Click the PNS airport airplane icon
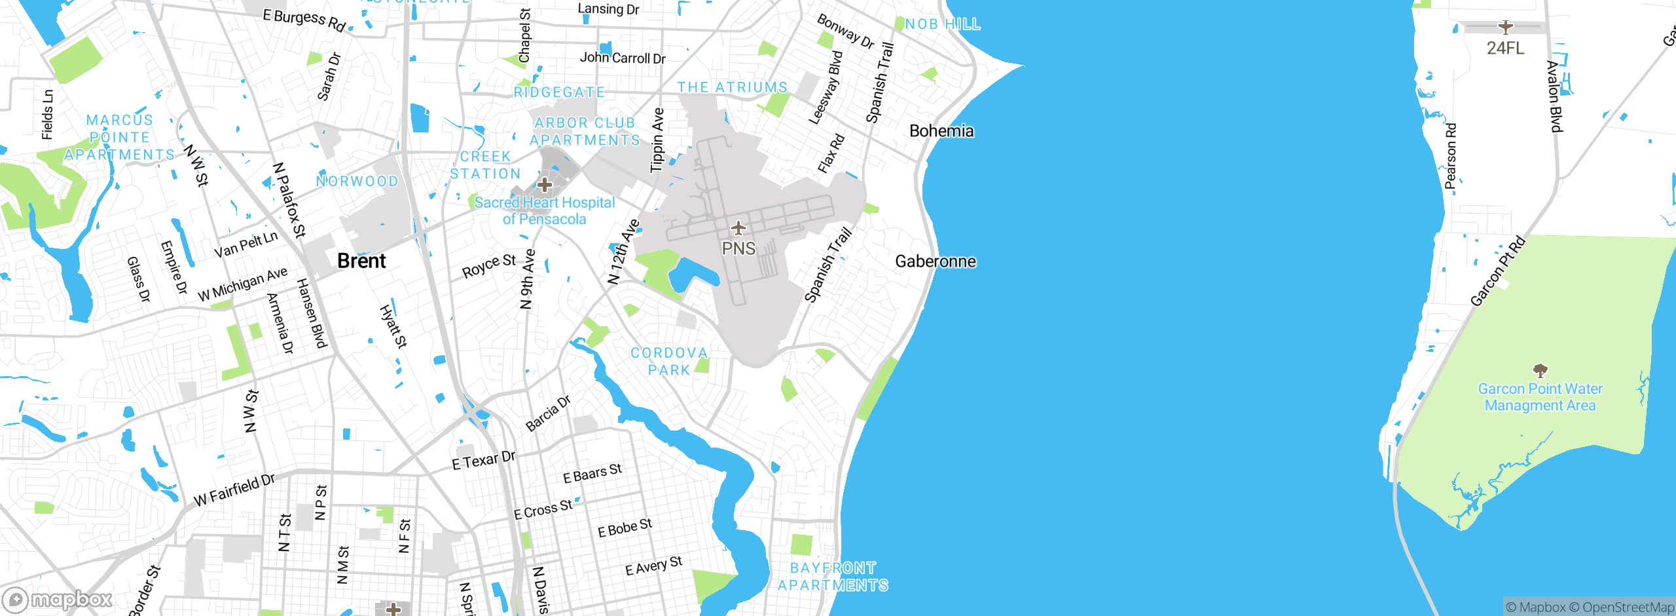click(x=738, y=228)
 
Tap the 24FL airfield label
click(x=1505, y=48)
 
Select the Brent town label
click(x=361, y=261)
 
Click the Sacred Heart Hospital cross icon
click(x=545, y=185)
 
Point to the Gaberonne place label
click(x=935, y=261)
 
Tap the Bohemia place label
click(x=941, y=131)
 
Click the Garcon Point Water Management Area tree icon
click(x=1540, y=371)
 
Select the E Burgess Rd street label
click(x=304, y=20)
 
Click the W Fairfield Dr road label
click(x=234, y=490)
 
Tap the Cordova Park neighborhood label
click(x=669, y=362)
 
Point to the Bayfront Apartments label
click(x=833, y=577)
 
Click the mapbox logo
click(x=58, y=600)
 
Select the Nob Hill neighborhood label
click(x=943, y=24)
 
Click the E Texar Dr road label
click(x=484, y=460)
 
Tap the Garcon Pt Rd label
click(x=1497, y=271)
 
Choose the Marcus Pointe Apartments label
click(x=120, y=138)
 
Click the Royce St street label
click(x=488, y=265)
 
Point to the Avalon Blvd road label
click(x=1555, y=96)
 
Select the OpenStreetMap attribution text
click(x=1628, y=607)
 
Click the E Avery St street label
click(x=653, y=566)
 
